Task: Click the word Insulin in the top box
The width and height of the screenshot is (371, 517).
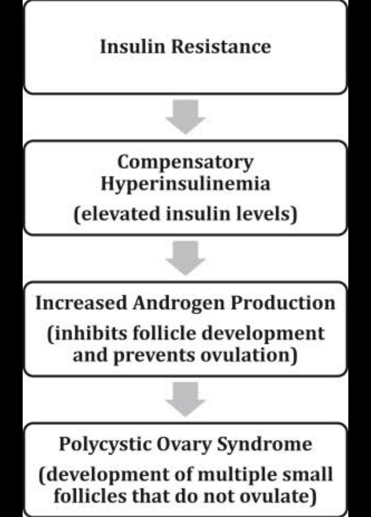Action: pos(132,46)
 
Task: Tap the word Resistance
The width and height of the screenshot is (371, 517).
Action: pos(222,46)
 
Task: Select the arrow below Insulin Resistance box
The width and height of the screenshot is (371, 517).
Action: pos(185,117)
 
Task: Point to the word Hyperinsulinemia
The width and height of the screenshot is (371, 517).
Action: pos(185,183)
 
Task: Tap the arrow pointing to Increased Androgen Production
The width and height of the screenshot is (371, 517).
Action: pos(185,258)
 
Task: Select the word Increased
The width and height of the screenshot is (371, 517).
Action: pos(81,303)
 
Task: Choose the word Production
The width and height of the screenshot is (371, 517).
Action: pos(282,303)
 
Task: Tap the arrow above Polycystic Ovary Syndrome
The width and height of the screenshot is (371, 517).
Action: pos(185,399)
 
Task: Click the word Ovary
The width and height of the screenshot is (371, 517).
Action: pos(183,444)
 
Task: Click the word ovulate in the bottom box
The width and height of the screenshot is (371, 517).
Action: pos(278,496)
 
